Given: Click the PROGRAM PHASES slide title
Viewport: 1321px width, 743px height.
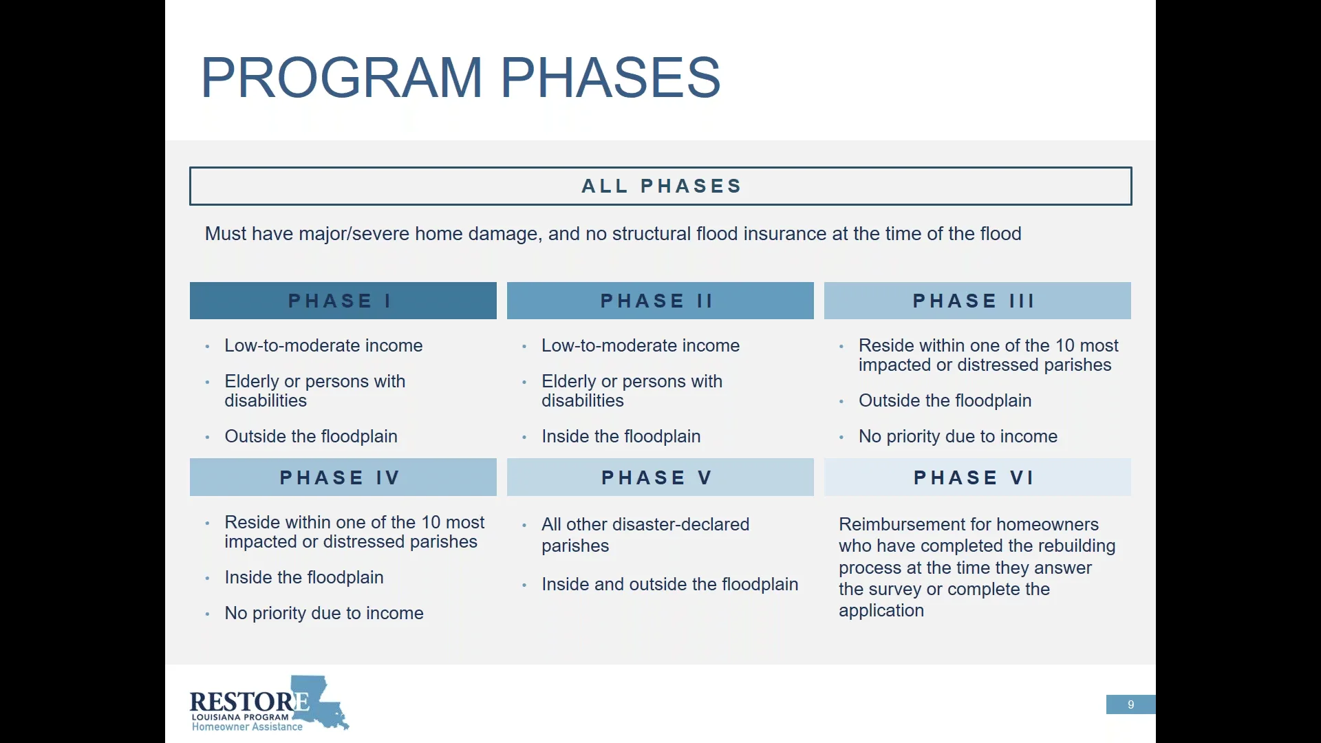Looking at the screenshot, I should (x=460, y=77).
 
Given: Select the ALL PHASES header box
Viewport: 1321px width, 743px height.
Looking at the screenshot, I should (x=660, y=186).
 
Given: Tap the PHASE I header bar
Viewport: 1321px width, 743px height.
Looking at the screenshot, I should (x=343, y=301).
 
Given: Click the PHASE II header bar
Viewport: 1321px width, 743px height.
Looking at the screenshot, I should (x=660, y=301).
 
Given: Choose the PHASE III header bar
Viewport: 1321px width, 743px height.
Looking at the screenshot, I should (x=977, y=301).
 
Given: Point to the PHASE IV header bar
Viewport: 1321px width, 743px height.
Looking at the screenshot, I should (x=343, y=477).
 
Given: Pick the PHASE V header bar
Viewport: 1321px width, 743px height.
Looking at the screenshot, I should (x=660, y=477).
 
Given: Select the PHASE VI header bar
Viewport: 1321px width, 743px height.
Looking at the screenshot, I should (x=977, y=477).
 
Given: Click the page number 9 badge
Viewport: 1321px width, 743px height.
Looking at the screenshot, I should (x=1130, y=704).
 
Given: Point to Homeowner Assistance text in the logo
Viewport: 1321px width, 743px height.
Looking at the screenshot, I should (x=247, y=727).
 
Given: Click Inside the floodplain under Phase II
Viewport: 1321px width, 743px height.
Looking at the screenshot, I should (x=621, y=436).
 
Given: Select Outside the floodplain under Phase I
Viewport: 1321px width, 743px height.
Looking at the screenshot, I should (x=311, y=436).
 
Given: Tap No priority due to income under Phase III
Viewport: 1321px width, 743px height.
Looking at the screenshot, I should (x=958, y=436).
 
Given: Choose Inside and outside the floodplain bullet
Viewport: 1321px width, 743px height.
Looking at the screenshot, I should (x=669, y=584).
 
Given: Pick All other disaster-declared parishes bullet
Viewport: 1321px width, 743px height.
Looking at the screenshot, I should (x=645, y=535).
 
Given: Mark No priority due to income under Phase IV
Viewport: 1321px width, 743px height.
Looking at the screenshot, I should (x=324, y=613).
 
